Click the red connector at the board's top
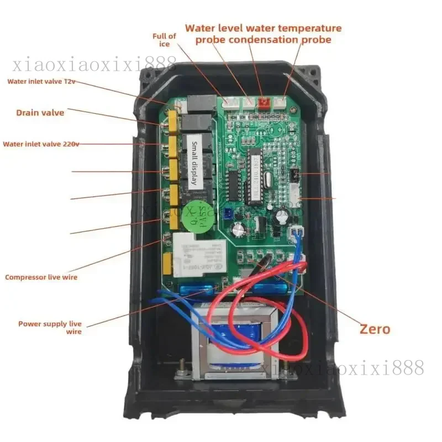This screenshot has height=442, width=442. (x=264, y=102)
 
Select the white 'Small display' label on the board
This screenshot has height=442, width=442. (x=198, y=164)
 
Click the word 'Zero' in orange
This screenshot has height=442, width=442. (x=375, y=329)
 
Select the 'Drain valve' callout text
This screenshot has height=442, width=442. (x=40, y=113)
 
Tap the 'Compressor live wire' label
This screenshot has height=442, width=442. (x=41, y=277)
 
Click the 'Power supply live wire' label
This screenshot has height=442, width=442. (x=50, y=327)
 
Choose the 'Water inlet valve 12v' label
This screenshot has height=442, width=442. (x=41, y=82)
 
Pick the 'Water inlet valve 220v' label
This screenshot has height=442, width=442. (x=41, y=144)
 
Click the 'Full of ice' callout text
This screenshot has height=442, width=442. (x=164, y=40)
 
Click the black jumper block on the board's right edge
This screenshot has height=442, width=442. (x=294, y=176)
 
